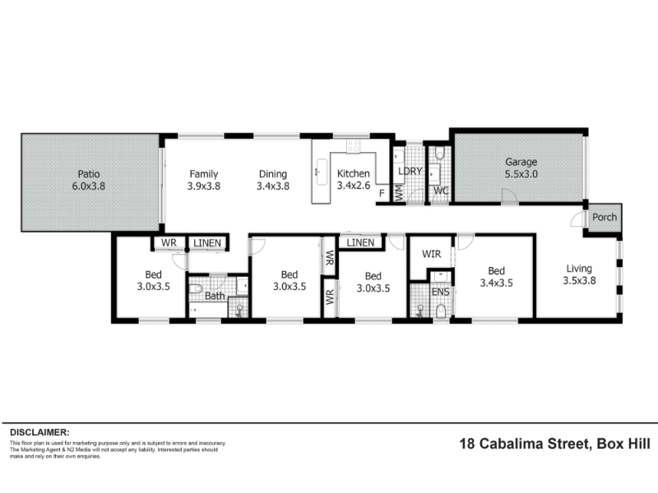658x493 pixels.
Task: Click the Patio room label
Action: tap(89, 173)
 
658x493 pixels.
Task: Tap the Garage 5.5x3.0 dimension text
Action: tap(521, 174)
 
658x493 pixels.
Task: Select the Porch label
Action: tap(605, 217)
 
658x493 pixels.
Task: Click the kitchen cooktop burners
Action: tap(353, 145)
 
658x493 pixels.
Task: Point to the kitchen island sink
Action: tap(322, 172)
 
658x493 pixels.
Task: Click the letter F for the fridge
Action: tap(382, 193)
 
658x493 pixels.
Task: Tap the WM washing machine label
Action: tap(399, 192)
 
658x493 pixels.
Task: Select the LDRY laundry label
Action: tap(410, 171)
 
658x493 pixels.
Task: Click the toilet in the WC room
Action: tap(439, 153)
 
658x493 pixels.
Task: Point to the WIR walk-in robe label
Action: tap(431, 254)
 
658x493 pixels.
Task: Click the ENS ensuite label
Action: tap(440, 292)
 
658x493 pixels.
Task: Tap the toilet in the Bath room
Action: tap(196, 289)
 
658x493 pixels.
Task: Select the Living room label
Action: tap(579, 269)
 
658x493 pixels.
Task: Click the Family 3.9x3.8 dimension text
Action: tap(203, 186)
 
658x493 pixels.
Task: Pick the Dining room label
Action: tap(273, 174)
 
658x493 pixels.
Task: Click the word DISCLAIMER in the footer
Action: tap(39, 432)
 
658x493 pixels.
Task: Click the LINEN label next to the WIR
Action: tap(360, 242)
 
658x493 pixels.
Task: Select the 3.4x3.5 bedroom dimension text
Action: tap(496, 283)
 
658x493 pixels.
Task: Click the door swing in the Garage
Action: tap(510, 196)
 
